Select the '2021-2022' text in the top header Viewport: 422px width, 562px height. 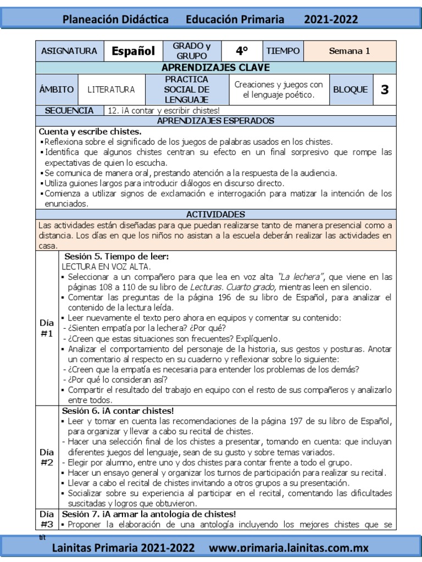point(331,20)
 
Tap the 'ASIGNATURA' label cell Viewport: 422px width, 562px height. point(69,51)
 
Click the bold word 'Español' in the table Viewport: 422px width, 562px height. point(133,51)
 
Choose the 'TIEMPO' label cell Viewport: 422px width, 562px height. point(283,51)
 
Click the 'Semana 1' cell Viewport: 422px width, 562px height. point(349,51)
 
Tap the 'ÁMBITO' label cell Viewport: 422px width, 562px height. point(57,89)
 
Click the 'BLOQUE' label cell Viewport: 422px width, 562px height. point(350,89)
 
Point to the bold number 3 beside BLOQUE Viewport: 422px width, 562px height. point(384,89)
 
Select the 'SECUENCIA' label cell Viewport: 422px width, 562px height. point(70,110)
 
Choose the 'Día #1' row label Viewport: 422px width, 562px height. point(47,328)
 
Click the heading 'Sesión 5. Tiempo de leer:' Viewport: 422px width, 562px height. point(116,257)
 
